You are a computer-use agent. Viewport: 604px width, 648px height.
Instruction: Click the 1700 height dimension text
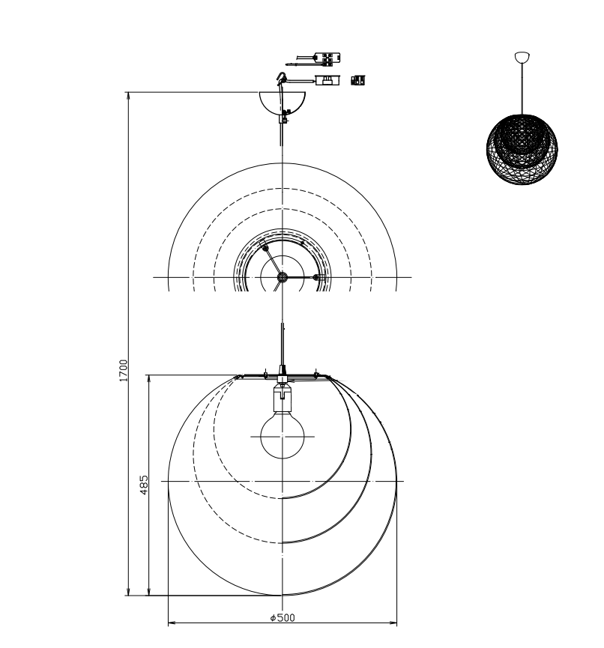pyautogui.click(x=124, y=370)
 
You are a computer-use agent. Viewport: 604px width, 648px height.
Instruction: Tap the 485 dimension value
pyautogui.click(x=143, y=485)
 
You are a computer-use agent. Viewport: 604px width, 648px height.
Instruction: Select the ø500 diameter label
pyautogui.click(x=283, y=618)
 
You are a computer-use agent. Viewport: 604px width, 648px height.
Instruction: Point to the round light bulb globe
pyautogui.click(x=283, y=437)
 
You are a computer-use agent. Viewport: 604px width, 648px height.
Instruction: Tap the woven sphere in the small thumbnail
pyautogui.click(x=522, y=149)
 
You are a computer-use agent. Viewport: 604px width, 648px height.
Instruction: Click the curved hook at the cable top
pyautogui.click(x=282, y=78)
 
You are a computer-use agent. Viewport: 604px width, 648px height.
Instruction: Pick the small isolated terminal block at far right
pyautogui.click(x=358, y=80)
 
